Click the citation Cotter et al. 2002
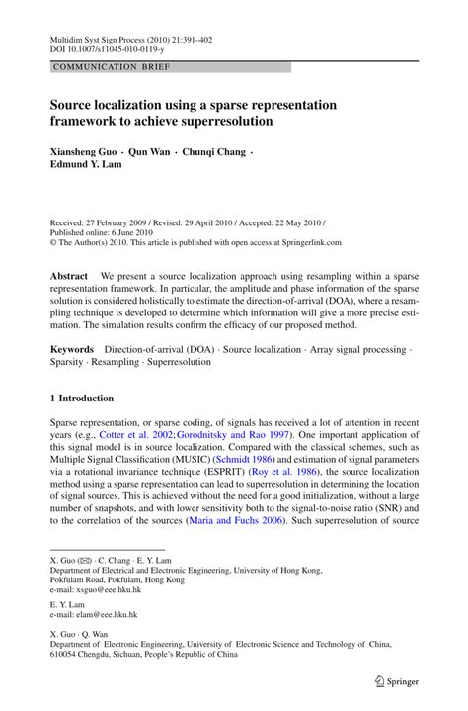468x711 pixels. click(x=132, y=434)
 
